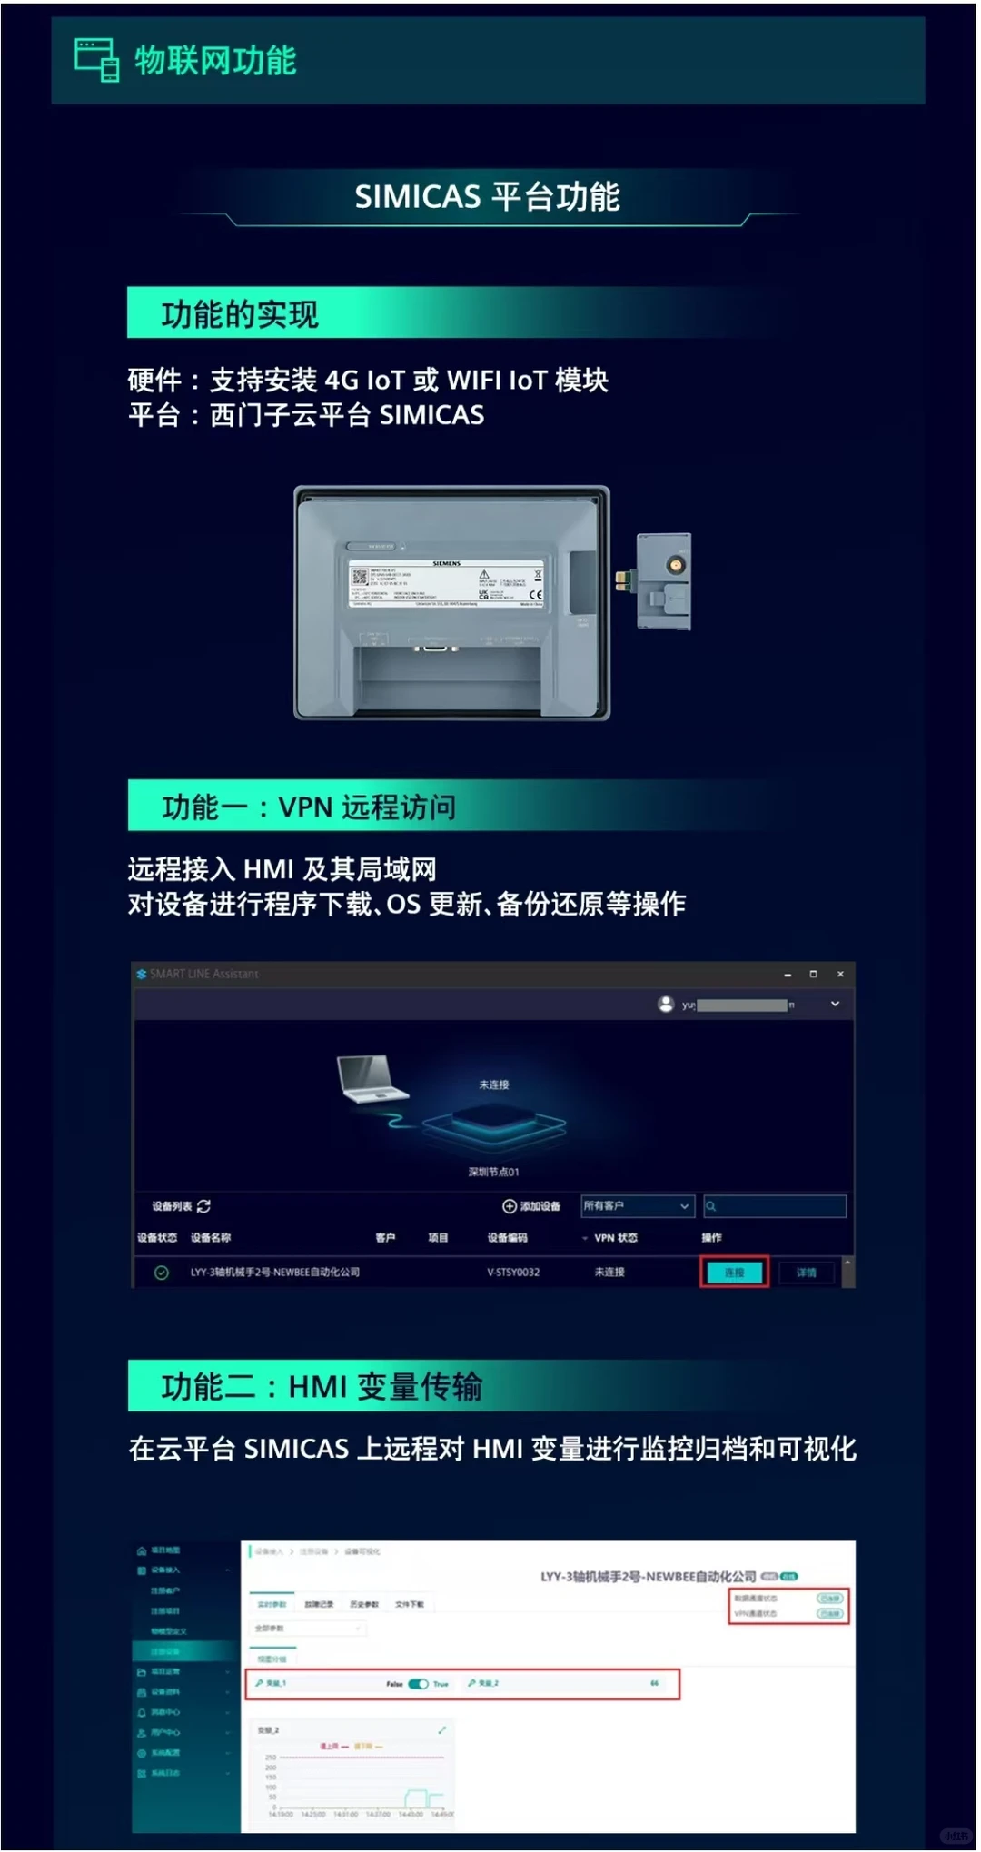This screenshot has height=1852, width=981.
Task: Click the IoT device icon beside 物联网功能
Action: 96,59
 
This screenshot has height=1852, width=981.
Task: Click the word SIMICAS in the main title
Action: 417,197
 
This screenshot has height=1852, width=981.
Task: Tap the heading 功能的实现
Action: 240,314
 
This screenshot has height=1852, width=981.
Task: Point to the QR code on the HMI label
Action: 359,577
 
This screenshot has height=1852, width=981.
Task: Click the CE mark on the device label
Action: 536,595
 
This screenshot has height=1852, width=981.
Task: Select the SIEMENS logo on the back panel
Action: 446,563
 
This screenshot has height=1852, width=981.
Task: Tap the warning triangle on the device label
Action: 483,575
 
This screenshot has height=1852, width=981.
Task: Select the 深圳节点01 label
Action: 493,1172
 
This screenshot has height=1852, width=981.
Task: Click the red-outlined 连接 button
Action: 734,1273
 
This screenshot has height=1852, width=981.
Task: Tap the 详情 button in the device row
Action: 806,1273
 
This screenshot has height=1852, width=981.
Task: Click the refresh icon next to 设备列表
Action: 203,1206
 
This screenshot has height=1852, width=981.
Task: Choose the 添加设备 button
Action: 531,1206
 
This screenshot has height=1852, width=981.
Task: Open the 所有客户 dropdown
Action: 637,1206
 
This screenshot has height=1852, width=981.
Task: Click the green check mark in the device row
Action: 161,1273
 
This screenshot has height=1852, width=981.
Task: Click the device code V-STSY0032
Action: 513,1273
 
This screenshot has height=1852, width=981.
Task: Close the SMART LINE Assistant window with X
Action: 840,974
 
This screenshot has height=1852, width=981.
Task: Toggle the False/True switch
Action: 418,1683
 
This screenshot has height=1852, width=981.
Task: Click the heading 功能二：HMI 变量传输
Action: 322,1387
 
